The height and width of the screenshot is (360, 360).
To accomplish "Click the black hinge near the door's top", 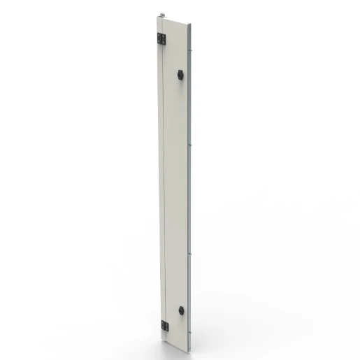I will (x=161, y=39).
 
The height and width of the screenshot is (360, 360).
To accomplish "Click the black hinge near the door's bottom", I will (x=165, y=326).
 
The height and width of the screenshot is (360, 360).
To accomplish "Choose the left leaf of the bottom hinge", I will (x=163, y=325).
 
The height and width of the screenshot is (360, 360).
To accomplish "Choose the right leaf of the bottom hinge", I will (x=167, y=326).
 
